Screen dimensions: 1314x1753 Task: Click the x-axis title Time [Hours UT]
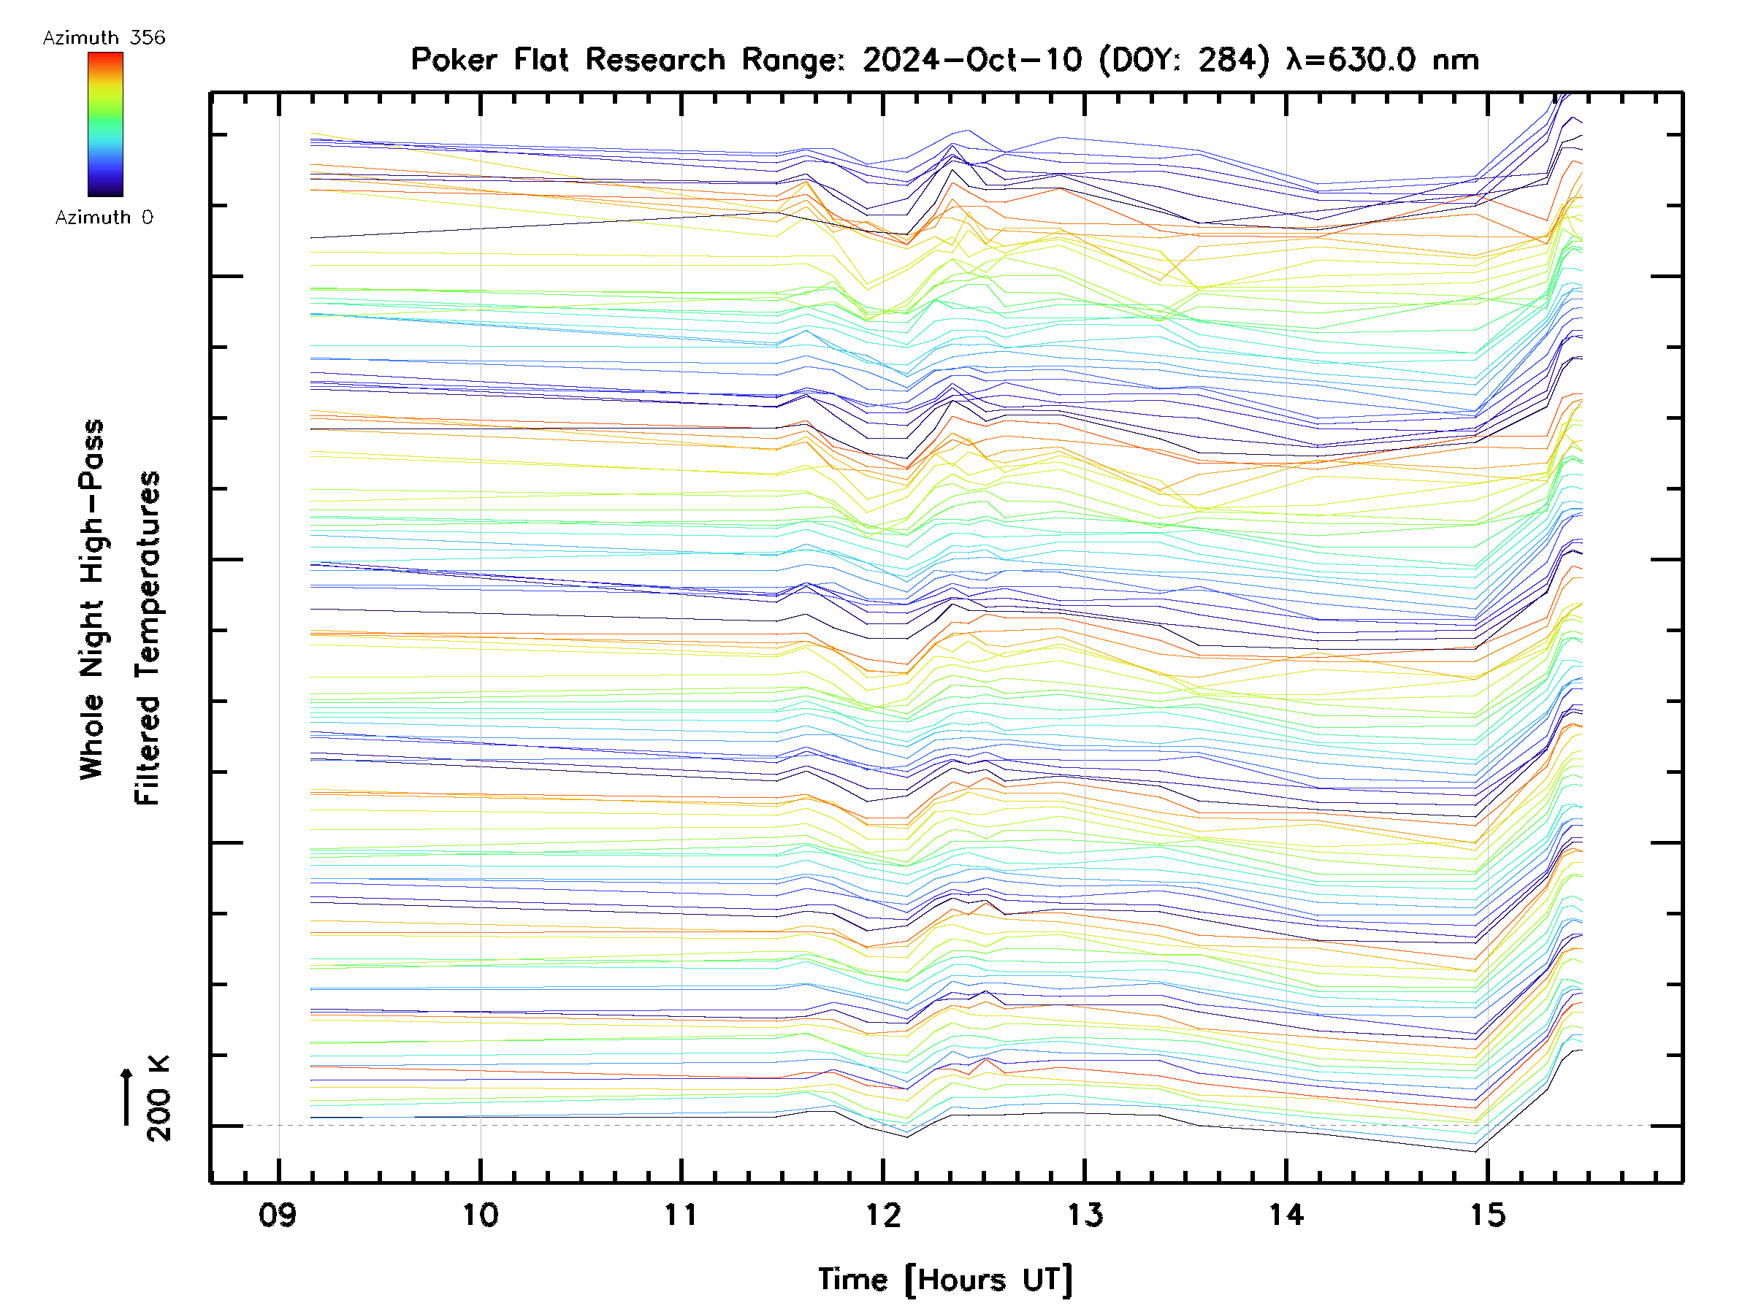[945, 1280]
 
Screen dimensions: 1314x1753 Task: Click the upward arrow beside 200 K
[126, 1096]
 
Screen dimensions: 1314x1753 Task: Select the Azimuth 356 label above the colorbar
[104, 38]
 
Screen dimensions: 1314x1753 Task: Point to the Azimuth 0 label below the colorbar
[104, 217]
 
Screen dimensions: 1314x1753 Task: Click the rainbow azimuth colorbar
[105, 124]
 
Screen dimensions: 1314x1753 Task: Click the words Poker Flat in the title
[489, 59]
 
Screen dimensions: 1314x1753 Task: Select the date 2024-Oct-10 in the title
[971, 59]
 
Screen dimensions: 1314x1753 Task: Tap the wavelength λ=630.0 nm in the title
[1382, 59]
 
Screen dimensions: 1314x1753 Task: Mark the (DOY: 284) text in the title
[1184, 59]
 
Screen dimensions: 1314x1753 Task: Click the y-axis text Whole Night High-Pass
[92, 599]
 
